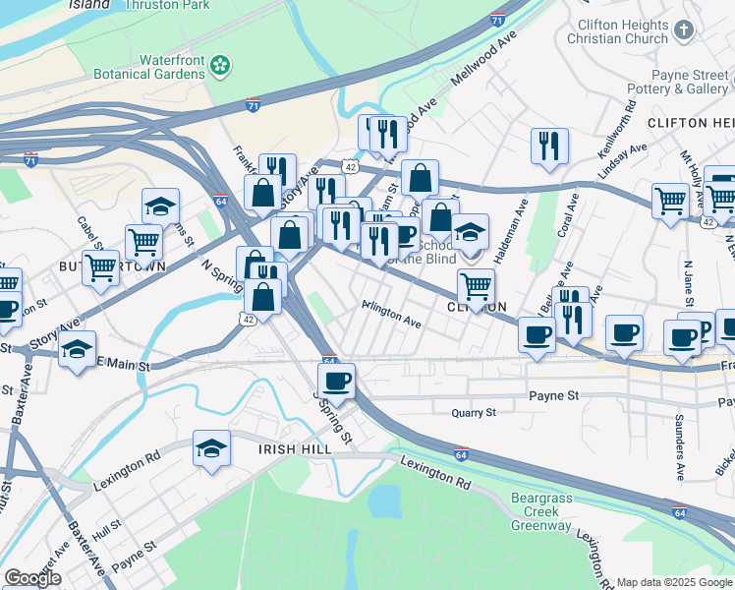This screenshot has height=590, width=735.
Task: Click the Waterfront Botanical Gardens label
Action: pos(150,66)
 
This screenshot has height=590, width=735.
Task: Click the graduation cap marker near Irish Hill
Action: pos(211,449)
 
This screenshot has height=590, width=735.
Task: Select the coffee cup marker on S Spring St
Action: pos(337,380)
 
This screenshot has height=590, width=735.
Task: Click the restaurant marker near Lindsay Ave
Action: pos(549,146)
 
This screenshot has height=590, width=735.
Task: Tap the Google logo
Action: pos(32,578)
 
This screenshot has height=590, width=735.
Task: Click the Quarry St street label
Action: pos(474,413)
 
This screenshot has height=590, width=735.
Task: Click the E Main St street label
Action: pos(123,367)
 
